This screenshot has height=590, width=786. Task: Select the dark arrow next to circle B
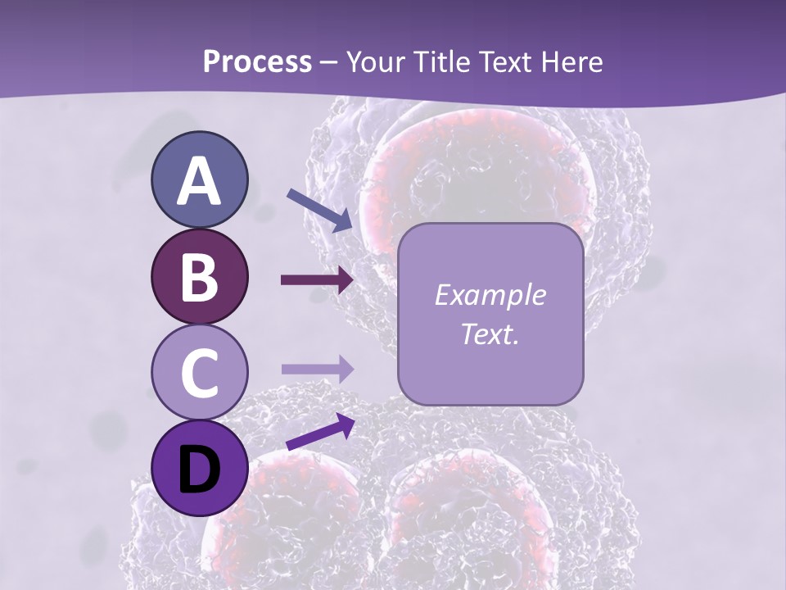click(x=317, y=280)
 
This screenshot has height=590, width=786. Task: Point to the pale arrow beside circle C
click(x=317, y=369)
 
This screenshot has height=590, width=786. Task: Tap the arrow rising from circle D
click(x=320, y=432)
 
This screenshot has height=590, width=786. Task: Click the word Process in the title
click(x=257, y=61)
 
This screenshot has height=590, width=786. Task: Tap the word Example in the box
click(x=490, y=295)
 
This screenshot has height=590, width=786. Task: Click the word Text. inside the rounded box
click(x=490, y=334)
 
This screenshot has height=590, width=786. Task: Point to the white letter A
click(x=199, y=181)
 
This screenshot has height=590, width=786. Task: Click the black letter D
click(x=199, y=470)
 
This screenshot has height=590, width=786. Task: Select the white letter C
click(x=199, y=372)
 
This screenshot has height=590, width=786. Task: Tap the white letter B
click(x=199, y=276)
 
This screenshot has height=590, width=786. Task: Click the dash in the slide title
click(x=329, y=63)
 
